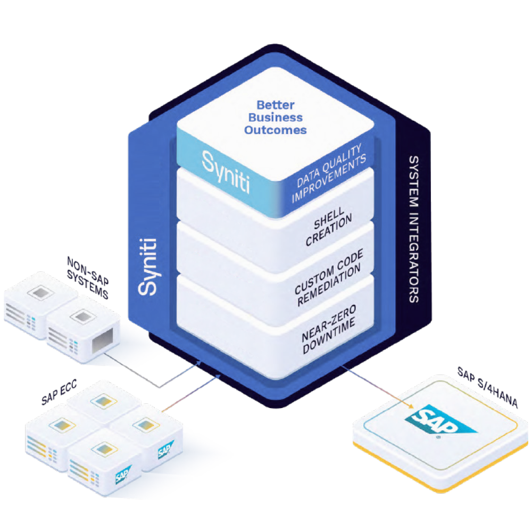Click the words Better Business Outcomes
pos(275,117)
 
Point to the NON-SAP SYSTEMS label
pos(88,277)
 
